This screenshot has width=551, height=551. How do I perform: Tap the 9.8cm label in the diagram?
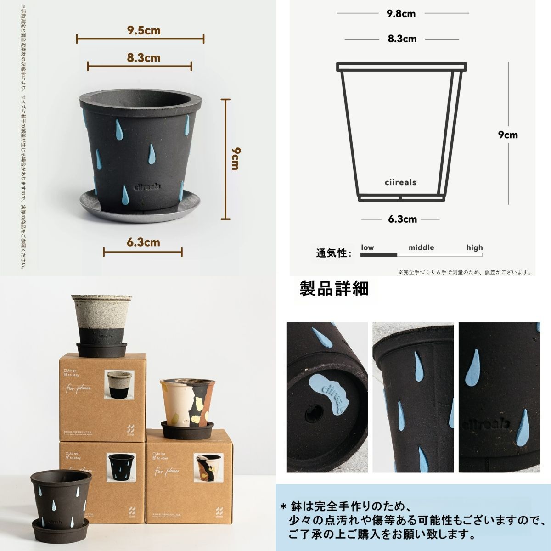401,13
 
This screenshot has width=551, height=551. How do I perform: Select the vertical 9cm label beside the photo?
235,158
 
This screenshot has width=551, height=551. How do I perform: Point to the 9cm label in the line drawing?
508,135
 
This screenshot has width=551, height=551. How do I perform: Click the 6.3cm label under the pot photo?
144,242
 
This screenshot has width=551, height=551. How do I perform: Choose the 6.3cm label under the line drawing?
402,219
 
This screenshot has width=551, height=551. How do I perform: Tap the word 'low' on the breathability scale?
367,247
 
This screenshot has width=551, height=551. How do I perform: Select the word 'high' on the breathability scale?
474,247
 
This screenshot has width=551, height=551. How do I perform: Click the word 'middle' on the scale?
421,247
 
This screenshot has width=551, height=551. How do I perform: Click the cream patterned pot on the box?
186,404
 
